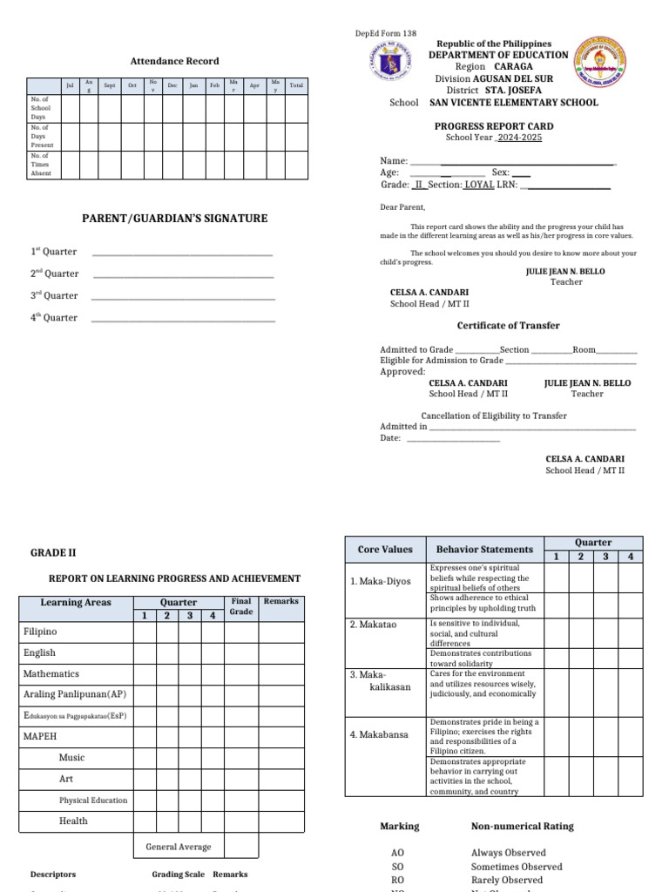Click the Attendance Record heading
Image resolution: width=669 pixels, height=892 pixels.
pyautogui.click(x=174, y=61)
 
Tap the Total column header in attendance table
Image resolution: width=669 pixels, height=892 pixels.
pyautogui.click(x=296, y=84)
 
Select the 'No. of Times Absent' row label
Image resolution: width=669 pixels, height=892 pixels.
pyautogui.click(x=41, y=165)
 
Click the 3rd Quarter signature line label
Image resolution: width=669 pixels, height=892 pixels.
pyautogui.click(x=54, y=295)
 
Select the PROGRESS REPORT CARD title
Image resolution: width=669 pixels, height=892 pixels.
pyautogui.click(x=493, y=126)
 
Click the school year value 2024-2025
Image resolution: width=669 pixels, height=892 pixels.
pyautogui.click(x=519, y=138)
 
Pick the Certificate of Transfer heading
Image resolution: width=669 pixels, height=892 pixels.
pyautogui.click(x=509, y=326)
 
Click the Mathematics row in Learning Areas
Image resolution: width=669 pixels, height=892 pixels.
pyautogui.click(x=51, y=673)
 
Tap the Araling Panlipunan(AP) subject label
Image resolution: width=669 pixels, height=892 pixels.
pyautogui.click(x=74, y=694)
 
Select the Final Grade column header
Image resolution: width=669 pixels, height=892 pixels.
pyautogui.click(x=241, y=606)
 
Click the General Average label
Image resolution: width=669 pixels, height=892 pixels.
pyautogui.click(x=179, y=847)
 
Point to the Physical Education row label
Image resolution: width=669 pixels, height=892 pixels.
pyautogui.click(x=93, y=800)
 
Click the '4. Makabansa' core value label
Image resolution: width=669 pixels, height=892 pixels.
pyautogui.click(x=379, y=734)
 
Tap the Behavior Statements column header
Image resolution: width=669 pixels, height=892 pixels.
pyautogui.click(x=484, y=550)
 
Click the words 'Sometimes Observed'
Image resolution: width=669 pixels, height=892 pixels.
pyautogui.click(x=517, y=867)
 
